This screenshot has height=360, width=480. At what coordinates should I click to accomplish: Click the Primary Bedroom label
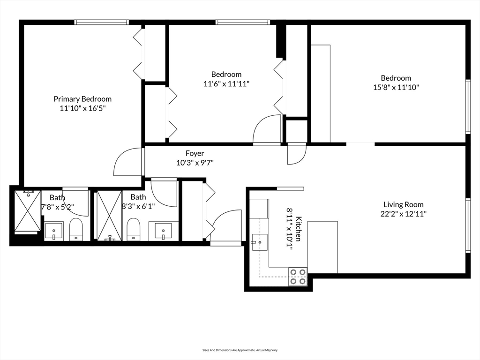82,99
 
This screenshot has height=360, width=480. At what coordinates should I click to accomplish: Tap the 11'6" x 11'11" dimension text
226,84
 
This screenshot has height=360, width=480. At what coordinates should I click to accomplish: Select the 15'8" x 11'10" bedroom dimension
396,87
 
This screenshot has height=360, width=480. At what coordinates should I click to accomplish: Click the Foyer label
195,153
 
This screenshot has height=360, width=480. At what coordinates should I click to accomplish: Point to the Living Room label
403,204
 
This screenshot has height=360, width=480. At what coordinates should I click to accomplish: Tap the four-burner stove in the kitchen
298,277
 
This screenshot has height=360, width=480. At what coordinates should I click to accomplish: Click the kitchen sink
259,242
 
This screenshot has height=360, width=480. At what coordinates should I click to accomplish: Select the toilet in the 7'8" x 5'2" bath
76,230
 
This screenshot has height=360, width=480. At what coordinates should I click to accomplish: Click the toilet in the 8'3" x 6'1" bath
133,229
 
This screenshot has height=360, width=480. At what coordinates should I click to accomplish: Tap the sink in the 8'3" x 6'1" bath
163,231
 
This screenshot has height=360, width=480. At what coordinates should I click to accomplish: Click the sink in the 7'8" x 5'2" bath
54,231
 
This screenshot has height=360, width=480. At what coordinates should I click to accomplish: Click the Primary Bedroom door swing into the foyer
127,163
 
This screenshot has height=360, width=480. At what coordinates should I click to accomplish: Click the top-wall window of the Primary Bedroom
101,22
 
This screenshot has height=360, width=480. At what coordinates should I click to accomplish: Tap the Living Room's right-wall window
467,225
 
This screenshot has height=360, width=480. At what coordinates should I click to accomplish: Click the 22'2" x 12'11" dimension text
403,214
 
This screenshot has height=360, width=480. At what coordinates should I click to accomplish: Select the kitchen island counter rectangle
322,247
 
